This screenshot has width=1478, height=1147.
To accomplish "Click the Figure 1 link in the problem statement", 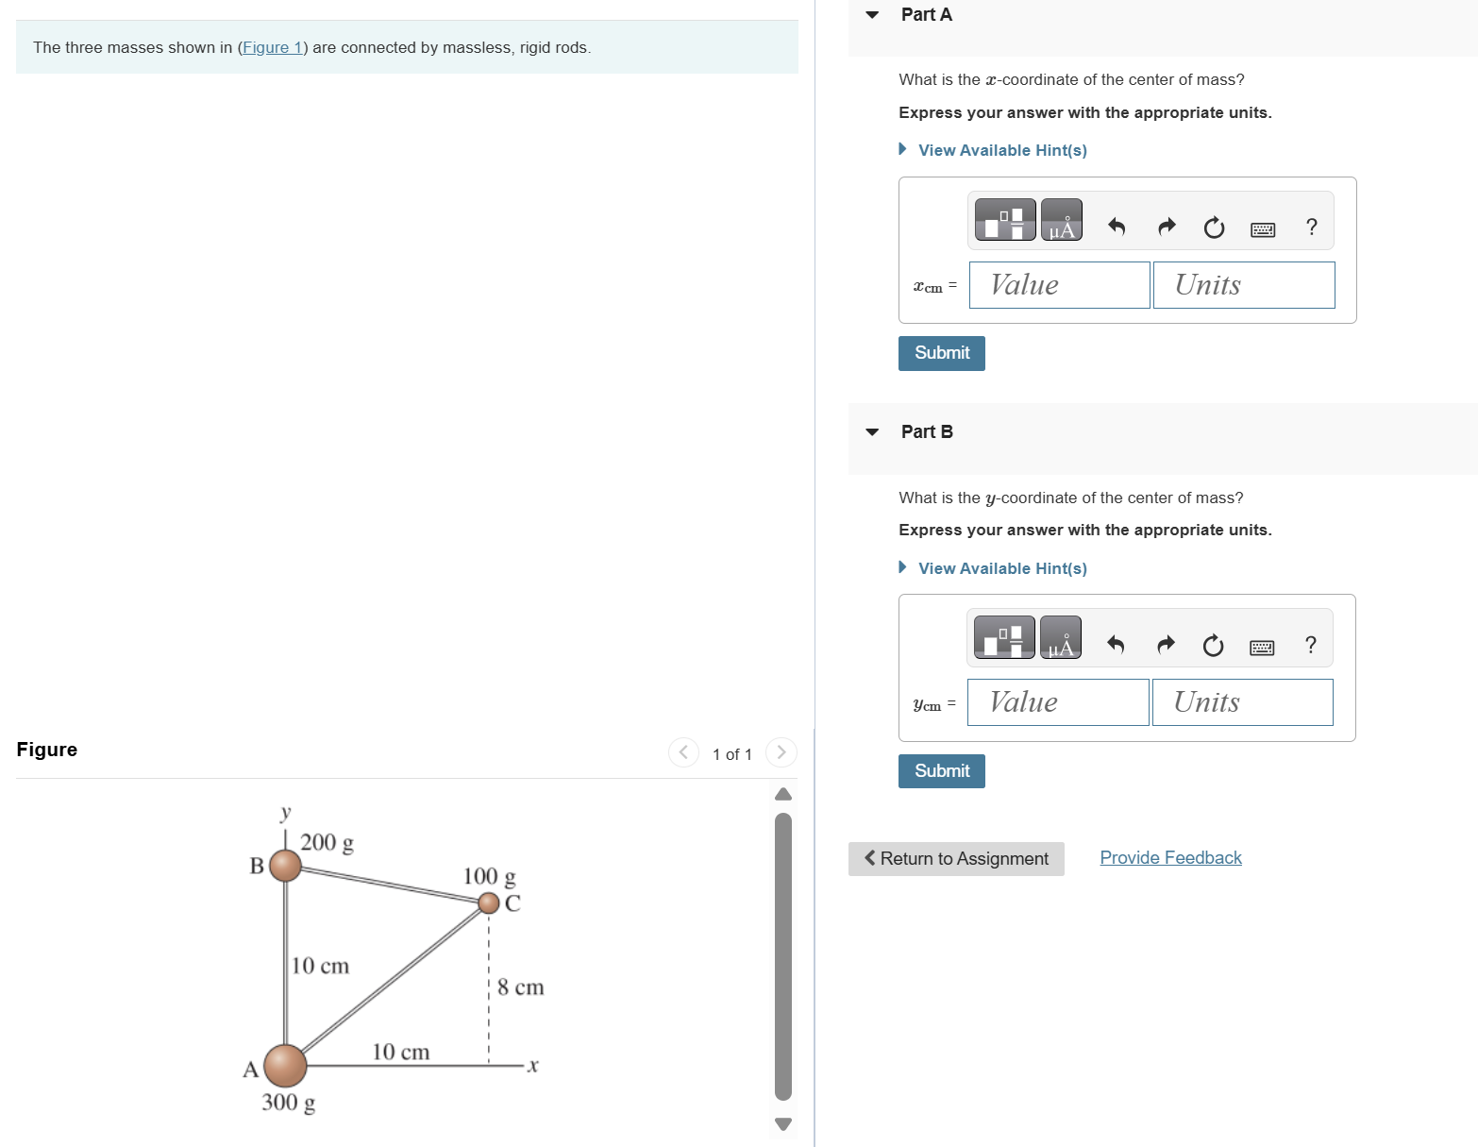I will [x=272, y=48].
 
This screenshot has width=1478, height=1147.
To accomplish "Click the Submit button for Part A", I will [x=941, y=353].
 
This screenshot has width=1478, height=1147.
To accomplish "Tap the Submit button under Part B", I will [x=941, y=771].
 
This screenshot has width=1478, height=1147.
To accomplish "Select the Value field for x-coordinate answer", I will [x=1059, y=285].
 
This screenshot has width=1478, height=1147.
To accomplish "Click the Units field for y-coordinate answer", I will [x=1242, y=702].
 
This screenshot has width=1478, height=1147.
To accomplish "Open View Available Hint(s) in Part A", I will [x=1001, y=150].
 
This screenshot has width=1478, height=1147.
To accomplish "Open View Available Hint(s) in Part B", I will [x=1001, y=568].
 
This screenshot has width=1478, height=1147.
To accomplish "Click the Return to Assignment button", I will [x=955, y=859].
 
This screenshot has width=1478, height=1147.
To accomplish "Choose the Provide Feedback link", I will [x=1170, y=858].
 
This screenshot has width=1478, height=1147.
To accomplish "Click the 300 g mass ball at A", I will [x=285, y=1066].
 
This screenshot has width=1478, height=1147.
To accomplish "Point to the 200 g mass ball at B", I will [x=285, y=865].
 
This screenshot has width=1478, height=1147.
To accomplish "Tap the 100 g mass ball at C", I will [x=488, y=903].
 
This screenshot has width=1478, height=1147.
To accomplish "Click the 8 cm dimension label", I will [x=521, y=987].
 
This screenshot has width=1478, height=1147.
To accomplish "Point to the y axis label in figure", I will [x=286, y=812].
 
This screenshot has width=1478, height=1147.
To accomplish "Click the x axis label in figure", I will [x=532, y=1066].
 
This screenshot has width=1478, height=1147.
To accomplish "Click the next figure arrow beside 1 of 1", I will [x=781, y=752].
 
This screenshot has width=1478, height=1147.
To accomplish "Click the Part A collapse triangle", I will [x=872, y=15].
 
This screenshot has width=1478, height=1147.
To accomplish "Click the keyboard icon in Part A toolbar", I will [x=1262, y=228].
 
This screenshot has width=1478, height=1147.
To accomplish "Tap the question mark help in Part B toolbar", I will [x=1310, y=645].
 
